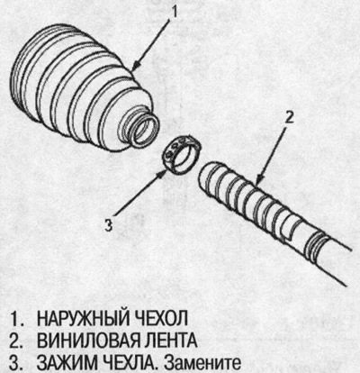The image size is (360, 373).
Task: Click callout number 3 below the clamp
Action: coord(109,226)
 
